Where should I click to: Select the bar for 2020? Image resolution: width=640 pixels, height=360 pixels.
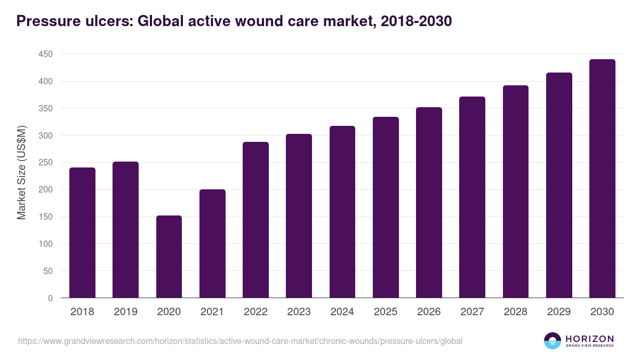pyautogui.click(x=169, y=257)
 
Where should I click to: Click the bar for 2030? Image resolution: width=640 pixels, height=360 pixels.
pyautogui.click(x=602, y=179)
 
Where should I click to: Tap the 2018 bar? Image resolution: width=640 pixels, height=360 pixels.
pyautogui.click(x=82, y=233)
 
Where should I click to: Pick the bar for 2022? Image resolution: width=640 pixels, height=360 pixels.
pyautogui.click(x=255, y=220)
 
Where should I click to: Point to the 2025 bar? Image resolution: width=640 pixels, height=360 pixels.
pyautogui.click(x=386, y=207)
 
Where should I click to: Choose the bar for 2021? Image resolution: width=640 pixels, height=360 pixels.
pyautogui.click(x=212, y=244)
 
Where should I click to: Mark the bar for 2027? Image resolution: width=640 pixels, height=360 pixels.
pyautogui.click(x=472, y=197)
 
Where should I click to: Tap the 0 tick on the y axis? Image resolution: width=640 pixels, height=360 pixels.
pyautogui.click(x=50, y=298)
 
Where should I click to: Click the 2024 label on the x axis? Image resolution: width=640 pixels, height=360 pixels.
pyautogui.click(x=342, y=312)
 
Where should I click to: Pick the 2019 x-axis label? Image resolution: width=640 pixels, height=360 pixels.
pyautogui.click(x=125, y=312)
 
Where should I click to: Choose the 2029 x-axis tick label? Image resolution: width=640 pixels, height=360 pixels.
pyautogui.click(x=559, y=312)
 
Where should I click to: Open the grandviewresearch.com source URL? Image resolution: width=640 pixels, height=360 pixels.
pyautogui.click(x=240, y=341)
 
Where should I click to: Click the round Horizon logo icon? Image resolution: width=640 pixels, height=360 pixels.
pyautogui.click(x=552, y=341)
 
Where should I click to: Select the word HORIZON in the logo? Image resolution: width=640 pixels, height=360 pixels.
pyautogui.click(x=590, y=339)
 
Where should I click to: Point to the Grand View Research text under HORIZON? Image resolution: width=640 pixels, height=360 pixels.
pyautogui.click(x=590, y=346)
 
